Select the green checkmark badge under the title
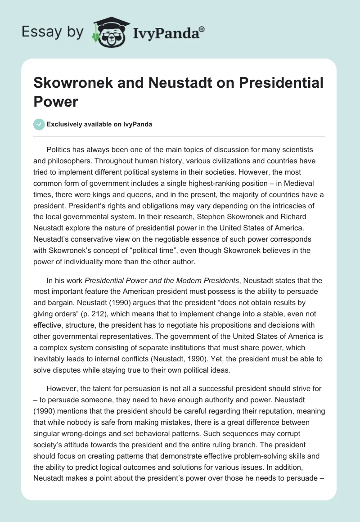click(39, 124)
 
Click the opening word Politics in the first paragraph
click(60, 149)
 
